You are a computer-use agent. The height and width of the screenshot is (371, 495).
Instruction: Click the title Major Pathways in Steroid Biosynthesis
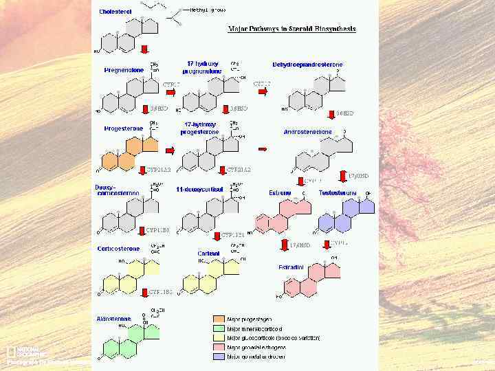[292, 29]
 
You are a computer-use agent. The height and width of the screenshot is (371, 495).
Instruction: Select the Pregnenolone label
[124, 70]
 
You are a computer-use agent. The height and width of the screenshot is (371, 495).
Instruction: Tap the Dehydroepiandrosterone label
[308, 65]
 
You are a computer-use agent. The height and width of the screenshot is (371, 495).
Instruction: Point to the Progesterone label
[124, 128]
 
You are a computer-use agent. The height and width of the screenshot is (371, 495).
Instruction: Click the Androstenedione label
[307, 131]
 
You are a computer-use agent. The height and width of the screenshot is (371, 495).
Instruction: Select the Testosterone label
[338, 193]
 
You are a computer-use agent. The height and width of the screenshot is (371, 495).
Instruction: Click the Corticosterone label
[118, 249]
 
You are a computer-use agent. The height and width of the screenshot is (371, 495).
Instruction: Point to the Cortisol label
[209, 254]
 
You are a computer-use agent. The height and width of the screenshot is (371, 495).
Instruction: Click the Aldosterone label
[113, 319]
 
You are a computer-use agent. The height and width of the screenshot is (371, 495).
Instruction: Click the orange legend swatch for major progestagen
[218, 319]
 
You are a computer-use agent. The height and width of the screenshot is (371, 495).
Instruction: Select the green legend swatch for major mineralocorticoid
[218, 328]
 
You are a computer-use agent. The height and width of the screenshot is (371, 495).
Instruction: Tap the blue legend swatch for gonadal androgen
[218, 357]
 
